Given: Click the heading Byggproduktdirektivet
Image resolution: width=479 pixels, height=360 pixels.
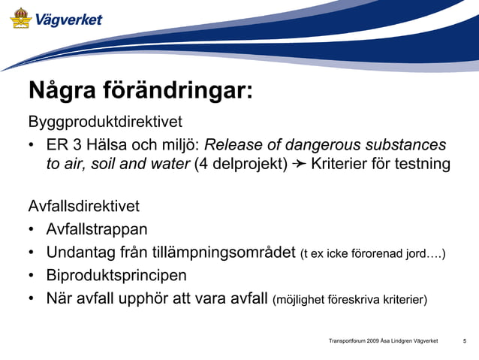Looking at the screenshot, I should pyautogui.click(x=105, y=121).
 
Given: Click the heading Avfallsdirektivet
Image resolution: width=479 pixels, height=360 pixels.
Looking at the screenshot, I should pyautogui.click(x=83, y=206).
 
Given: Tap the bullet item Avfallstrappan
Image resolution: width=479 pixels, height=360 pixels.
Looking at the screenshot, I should pyautogui.click(x=97, y=228).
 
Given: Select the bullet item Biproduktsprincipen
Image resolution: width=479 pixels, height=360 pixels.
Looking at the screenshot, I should pyautogui.click(x=116, y=275).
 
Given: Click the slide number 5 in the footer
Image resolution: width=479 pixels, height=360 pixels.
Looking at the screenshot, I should pyautogui.click(x=465, y=342).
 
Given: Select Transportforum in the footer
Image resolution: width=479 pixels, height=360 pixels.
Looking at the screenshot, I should pyautogui.click(x=347, y=342).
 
